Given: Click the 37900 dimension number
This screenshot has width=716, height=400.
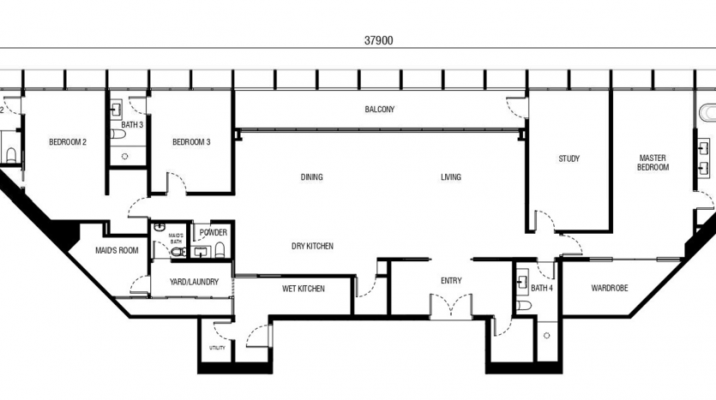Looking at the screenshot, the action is pyautogui.click(x=378, y=40).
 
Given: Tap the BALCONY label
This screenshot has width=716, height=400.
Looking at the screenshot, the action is pyautogui.click(x=380, y=110).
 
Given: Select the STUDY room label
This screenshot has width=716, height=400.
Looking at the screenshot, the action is pyautogui.click(x=569, y=158).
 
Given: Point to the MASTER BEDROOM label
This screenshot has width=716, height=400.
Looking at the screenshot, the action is pyautogui.click(x=653, y=163).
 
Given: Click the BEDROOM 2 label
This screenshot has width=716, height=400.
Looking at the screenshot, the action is pyautogui.click(x=68, y=142).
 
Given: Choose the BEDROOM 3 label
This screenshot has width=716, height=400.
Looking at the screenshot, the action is pyautogui.click(x=191, y=142).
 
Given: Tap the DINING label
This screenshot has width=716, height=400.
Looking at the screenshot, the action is pyautogui.click(x=312, y=177).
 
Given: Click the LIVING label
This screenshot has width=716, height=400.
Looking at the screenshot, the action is pyautogui.click(x=451, y=177).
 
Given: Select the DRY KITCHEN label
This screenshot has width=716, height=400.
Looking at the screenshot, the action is pyautogui.click(x=312, y=247).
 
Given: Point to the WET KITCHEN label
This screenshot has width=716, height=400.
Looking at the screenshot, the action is pyautogui.click(x=304, y=289).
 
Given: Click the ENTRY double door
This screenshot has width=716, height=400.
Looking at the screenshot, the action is pyautogui.click(x=451, y=306).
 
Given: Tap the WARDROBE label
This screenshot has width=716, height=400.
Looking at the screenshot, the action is pyautogui.click(x=610, y=289).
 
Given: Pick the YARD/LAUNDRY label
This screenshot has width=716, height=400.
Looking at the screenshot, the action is pyautogui.click(x=194, y=282).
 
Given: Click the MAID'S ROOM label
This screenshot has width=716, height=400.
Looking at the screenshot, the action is pyautogui.click(x=117, y=250).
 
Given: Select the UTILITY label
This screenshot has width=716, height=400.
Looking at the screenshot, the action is pyautogui.click(x=217, y=348).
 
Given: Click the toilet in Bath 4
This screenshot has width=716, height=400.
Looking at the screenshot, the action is pyautogui.click(x=523, y=305).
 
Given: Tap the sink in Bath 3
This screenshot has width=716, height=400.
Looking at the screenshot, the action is pyautogui.click(x=117, y=110).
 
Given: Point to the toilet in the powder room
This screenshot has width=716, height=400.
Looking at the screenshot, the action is pyautogui.click(x=220, y=250).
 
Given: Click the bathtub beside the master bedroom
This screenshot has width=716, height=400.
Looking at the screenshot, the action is pyautogui.click(x=707, y=112).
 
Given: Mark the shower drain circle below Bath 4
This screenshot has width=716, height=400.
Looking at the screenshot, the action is pyautogui.click(x=546, y=336).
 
